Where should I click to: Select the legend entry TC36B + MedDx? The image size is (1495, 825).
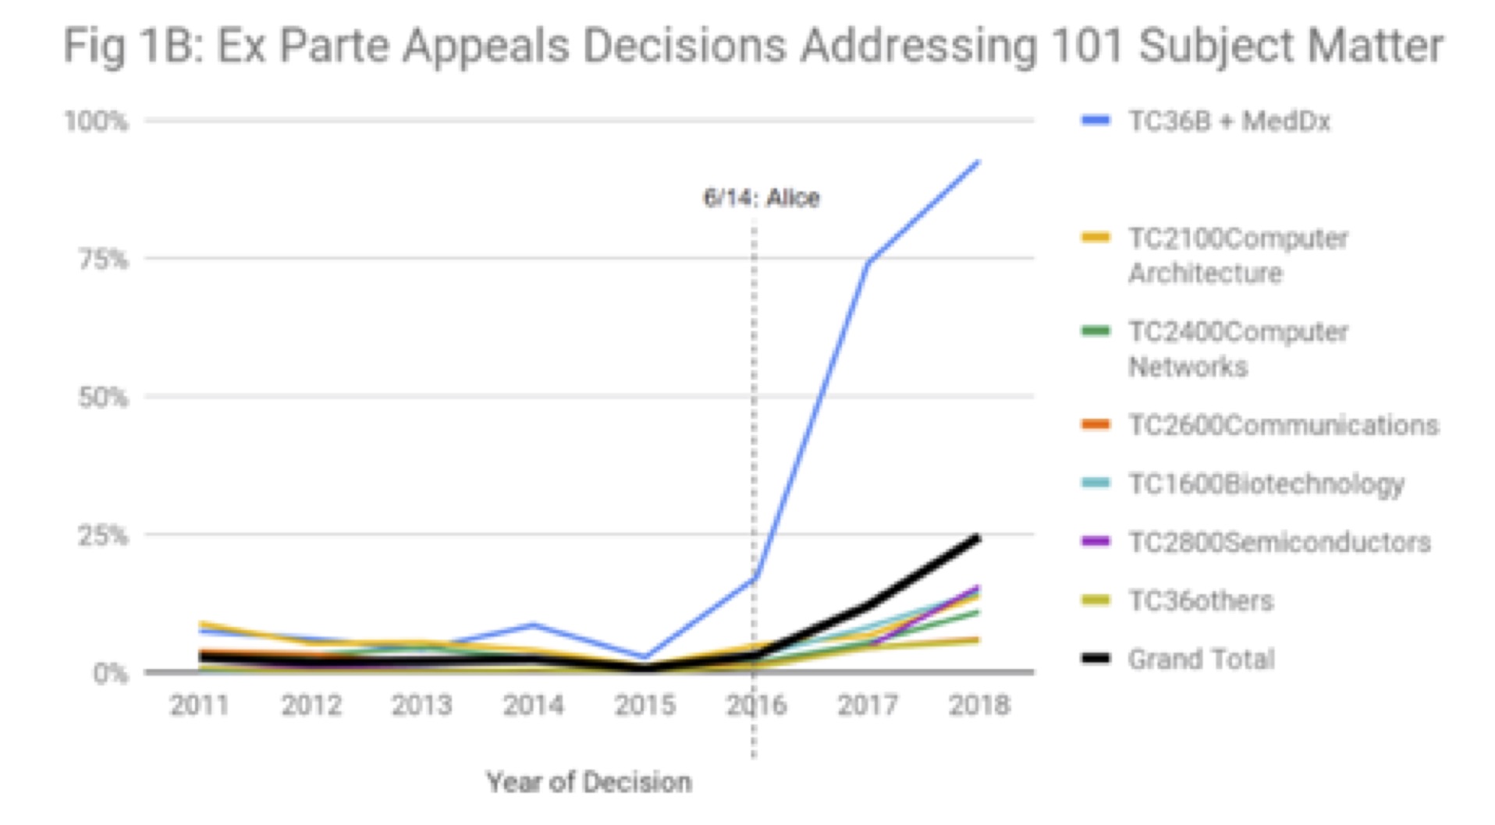(x=1228, y=122)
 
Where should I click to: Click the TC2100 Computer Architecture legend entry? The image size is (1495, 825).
(x=1238, y=255)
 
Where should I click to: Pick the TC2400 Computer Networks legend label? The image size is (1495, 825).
(x=1238, y=349)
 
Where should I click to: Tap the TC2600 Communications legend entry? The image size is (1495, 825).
(x=1283, y=425)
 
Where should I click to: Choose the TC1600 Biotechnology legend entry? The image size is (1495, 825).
(x=1266, y=483)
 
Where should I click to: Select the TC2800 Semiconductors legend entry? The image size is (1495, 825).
(x=1279, y=542)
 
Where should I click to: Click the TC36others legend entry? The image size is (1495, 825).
(x=1200, y=600)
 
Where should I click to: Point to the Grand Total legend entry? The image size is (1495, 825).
(x=1201, y=659)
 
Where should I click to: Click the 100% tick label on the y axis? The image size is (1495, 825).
(x=96, y=122)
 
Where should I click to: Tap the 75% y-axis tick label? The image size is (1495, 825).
(x=102, y=259)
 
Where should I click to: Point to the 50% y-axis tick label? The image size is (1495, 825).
(x=102, y=398)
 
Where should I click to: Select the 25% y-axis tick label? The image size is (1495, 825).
(x=102, y=536)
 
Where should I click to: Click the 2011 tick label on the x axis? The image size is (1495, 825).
(x=200, y=706)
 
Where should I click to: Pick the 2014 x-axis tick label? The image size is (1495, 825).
(x=534, y=706)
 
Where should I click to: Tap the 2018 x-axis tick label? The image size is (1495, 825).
(x=979, y=706)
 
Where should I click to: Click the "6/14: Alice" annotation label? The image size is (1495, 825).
(x=762, y=198)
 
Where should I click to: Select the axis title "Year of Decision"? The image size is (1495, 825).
(x=589, y=782)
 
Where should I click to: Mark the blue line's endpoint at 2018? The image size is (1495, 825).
(x=978, y=161)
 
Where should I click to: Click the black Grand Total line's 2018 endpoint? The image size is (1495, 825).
(x=978, y=536)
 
